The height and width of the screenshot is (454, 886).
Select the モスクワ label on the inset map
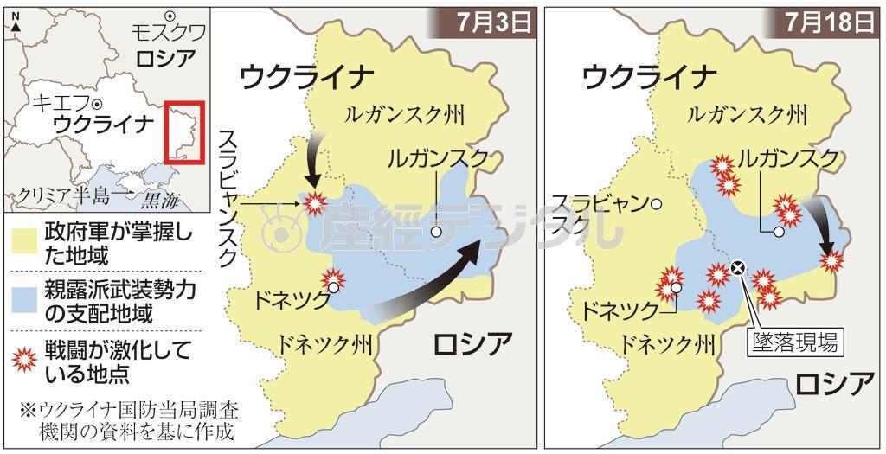point(168,34)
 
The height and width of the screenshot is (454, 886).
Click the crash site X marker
point(737,269)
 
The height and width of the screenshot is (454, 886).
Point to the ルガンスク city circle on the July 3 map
point(437,231)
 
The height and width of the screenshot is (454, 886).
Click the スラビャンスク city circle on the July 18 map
point(657,204)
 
